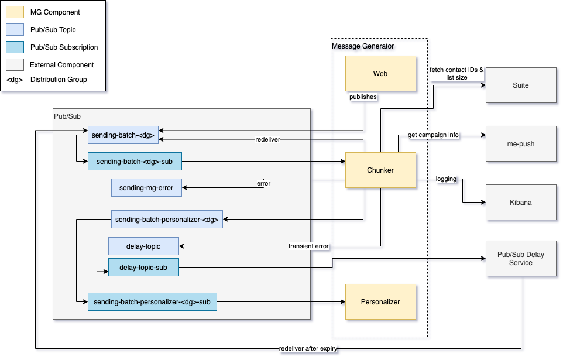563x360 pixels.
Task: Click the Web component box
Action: [380, 74]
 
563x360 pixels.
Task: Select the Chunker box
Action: [380, 170]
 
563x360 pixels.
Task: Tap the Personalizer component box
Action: [380, 301]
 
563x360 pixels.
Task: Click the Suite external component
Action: [520, 85]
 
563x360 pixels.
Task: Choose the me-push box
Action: [520, 143]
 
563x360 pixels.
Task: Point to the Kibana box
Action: [520, 202]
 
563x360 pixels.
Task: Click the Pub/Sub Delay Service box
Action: [520, 259]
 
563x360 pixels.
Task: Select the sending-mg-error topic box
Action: [146, 187]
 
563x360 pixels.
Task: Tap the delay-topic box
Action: [143, 246]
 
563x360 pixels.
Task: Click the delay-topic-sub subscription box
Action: [143, 268]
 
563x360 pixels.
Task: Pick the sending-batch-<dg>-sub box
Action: [135, 161]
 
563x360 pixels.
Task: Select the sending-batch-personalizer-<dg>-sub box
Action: [152, 302]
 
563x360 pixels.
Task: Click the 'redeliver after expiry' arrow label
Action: [308, 348]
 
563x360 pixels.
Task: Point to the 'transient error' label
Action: [308, 246]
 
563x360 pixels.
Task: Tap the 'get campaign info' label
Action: [433, 135]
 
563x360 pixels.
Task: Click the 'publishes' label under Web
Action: [363, 97]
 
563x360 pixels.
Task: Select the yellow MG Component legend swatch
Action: [15, 12]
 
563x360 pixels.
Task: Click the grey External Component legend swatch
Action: [15, 64]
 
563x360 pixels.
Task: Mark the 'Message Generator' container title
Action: [363, 46]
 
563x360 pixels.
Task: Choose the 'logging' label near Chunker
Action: [446, 179]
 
